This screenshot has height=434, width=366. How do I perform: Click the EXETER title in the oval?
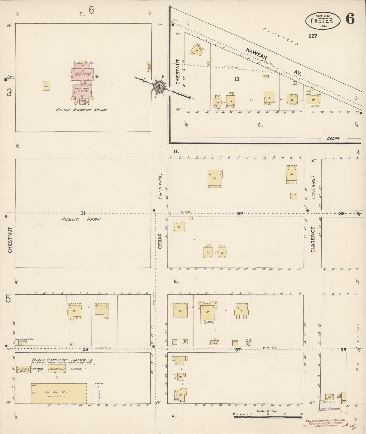tap(323, 20)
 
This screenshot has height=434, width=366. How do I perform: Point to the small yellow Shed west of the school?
tap(46, 86)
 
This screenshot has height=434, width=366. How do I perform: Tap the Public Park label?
tap(81, 219)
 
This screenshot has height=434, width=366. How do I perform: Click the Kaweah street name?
tap(256, 54)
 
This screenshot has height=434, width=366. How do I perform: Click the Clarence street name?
tap(313, 239)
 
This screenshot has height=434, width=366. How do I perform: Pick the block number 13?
tap(237, 79)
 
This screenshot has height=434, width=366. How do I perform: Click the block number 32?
tap(240, 214)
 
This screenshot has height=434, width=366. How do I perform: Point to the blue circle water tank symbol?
tap(249, 344)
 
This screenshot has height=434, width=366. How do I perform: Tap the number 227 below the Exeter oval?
tap(313, 36)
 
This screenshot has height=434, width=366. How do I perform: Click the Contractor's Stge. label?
tap(24, 339)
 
